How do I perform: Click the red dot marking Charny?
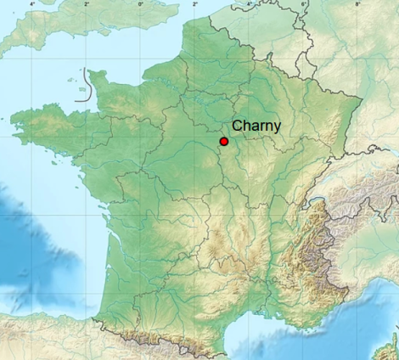pyautogui.click(x=223, y=142)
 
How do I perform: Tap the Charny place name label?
pyautogui.click(x=256, y=125)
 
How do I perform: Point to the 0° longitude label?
pyautogui.click(x=141, y=5)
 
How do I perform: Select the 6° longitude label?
pyautogui.click(x=303, y=5)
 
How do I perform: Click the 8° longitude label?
pyautogui.click(x=357, y=5)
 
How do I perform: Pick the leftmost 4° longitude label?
pyautogui.click(x=32, y=5)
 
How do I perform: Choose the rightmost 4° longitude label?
pyautogui.click(x=249, y=5)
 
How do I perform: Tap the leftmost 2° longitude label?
pyautogui.click(x=87, y=5)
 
